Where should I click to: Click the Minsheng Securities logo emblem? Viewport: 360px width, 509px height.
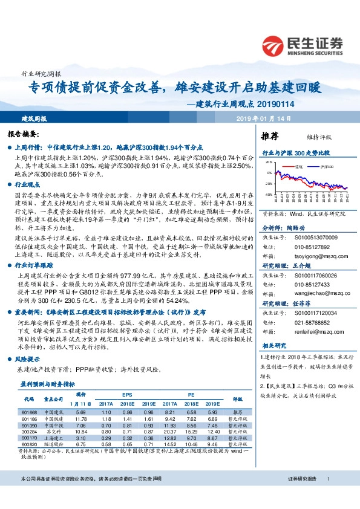click(274, 46)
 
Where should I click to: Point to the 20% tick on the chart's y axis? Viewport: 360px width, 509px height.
click(269, 163)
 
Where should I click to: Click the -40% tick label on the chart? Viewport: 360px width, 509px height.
click(267, 195)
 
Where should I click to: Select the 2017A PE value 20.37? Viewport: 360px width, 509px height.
click(170, 432)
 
